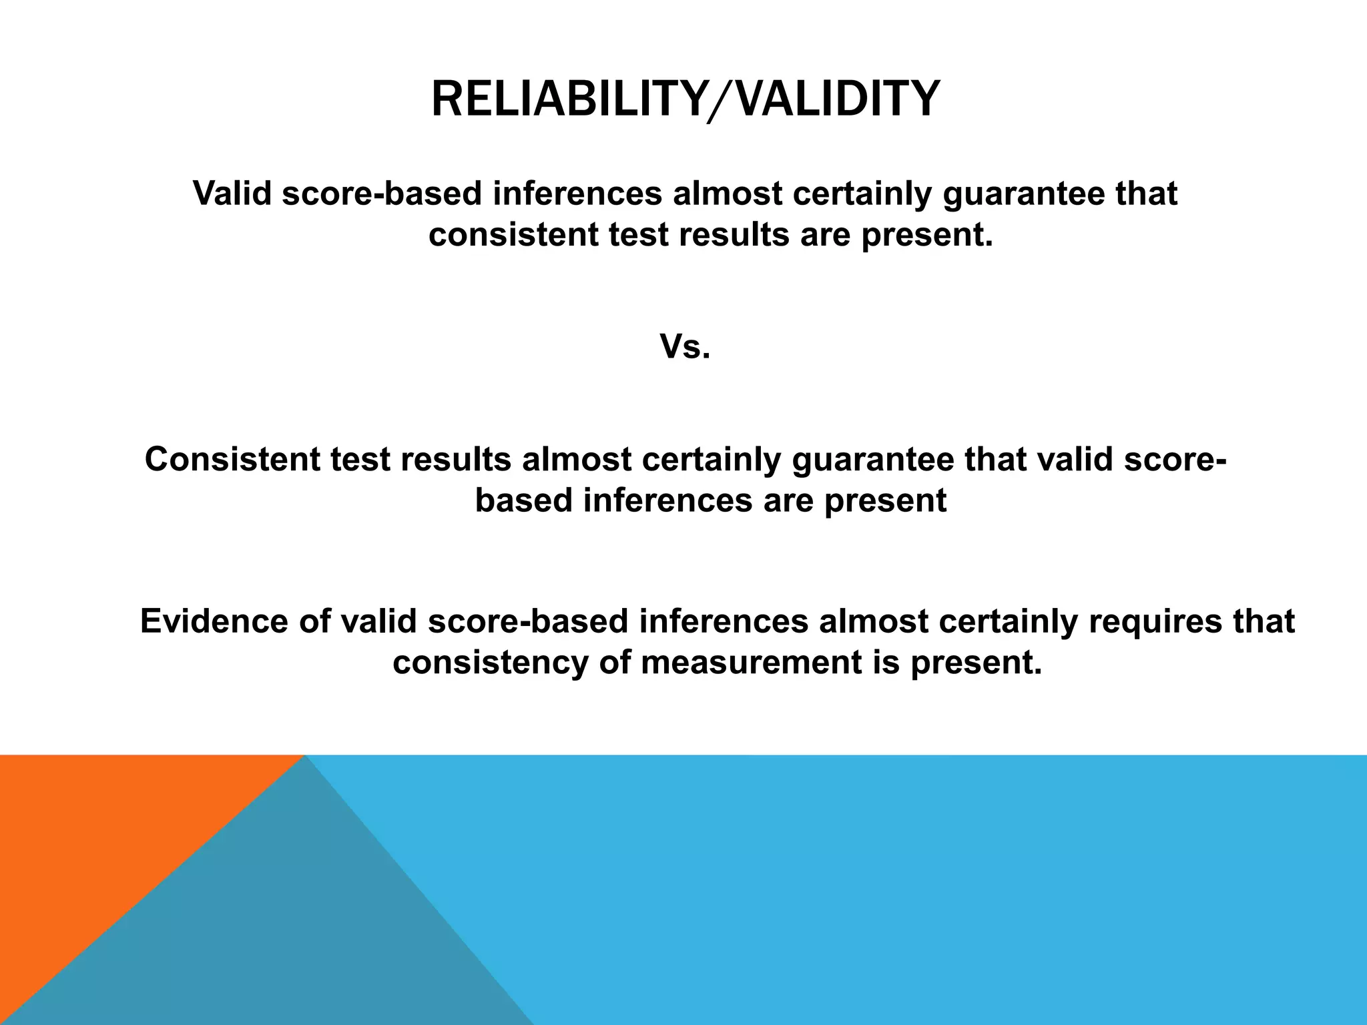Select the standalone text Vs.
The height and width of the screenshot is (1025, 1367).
685,347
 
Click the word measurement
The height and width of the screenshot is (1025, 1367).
751,663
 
